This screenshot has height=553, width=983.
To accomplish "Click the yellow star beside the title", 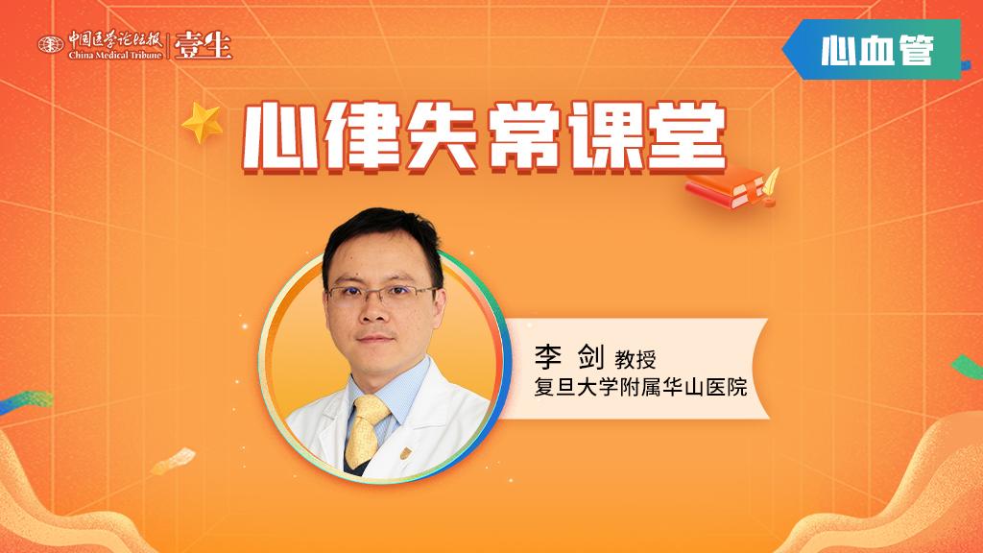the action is [x=203, y=122].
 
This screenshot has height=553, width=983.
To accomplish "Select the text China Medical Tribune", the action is [x=115, y=55].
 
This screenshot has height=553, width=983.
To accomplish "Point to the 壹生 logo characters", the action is [x=204, y=44].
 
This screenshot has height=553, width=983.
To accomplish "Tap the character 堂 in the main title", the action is [x=687, y=137].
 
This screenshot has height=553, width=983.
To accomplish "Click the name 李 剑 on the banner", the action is [x=569, y=357].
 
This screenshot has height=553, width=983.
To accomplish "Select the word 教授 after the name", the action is [x=635, y=359].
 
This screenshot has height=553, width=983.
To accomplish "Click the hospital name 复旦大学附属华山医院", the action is [x=640, y=387].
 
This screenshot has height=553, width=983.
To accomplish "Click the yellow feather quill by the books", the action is [x=771, y=181].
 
